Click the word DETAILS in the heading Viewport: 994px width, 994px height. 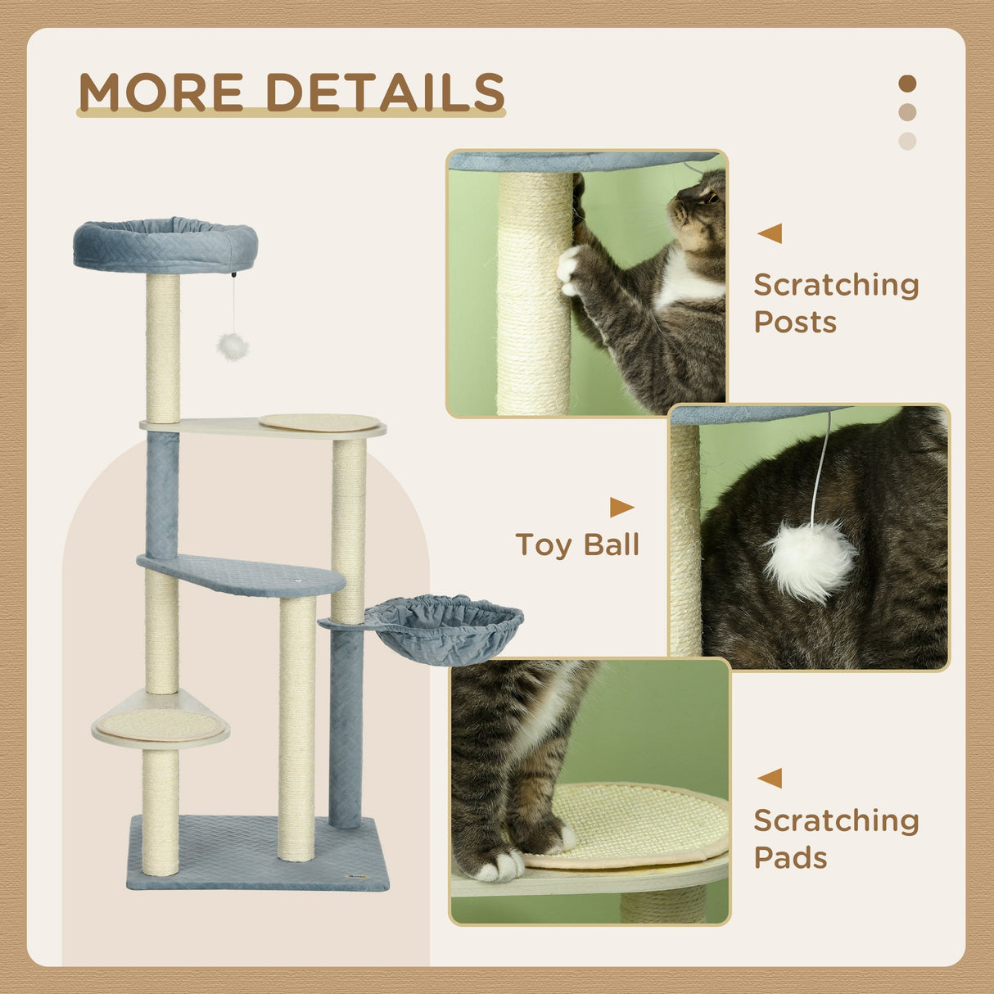(x=385, y=92)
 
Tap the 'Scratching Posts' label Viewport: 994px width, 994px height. (x=835, y=303)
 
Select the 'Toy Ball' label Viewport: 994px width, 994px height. (x=576, y=544)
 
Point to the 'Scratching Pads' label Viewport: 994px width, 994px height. (x=835, y=838)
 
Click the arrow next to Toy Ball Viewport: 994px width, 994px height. (x=621, y=508)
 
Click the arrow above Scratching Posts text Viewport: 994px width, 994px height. (x=770, y=233)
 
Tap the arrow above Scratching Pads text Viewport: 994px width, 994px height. (x=770, y=778)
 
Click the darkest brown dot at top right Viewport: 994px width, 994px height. (x=907, y=84)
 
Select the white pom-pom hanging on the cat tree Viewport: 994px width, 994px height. (x=233, y=346)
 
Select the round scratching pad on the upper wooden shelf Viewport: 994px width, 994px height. (x=319, y=422)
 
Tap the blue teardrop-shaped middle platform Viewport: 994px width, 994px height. (x=246, y=575)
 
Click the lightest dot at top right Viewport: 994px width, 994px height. (x=907, y=141)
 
